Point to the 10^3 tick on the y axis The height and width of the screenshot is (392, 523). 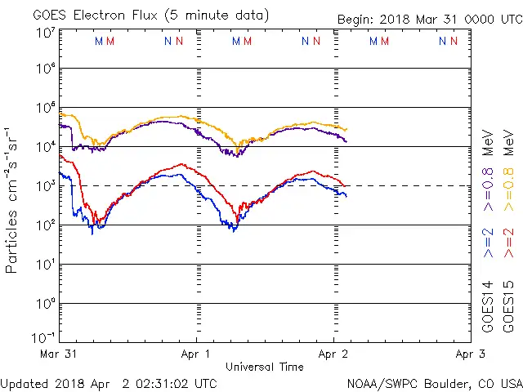45,185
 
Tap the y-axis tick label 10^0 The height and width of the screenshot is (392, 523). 45,303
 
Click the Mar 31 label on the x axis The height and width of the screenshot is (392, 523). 59,354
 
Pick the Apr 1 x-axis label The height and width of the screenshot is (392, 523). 196,354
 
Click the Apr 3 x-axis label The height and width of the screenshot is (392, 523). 469,354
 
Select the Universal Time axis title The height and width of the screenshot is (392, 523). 265,367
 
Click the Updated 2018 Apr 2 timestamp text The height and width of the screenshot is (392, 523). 109,383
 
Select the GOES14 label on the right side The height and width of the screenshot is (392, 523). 488,306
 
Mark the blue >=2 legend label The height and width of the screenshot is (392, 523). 488,242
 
